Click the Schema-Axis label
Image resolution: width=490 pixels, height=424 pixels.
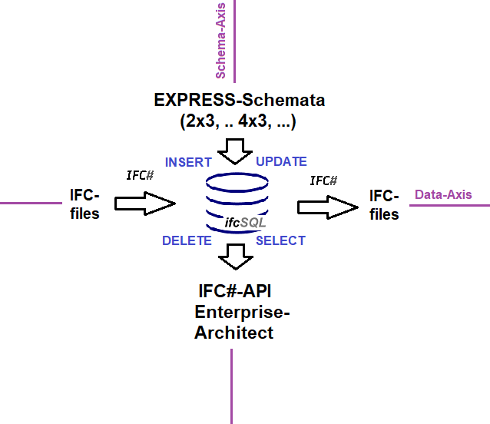pos(220,50)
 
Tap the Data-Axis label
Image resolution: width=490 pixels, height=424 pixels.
pos(443,195)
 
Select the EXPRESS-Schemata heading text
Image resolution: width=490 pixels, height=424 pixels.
pos(239,100)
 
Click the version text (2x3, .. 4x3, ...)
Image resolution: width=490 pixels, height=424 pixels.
pos(238,121)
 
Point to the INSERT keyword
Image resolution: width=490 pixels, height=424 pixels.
pos(188,162)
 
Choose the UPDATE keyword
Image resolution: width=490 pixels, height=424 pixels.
pos(281,162)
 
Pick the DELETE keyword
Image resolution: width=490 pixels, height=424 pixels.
pos(187,240)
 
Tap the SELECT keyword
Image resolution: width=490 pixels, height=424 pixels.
pos(280,240)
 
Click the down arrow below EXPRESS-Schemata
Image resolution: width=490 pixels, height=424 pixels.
pos(235,151)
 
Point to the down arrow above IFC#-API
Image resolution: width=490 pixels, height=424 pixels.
pos(235,256)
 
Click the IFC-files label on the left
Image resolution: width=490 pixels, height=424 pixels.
pos(84,204)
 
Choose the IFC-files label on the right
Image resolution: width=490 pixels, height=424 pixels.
pos(384,204)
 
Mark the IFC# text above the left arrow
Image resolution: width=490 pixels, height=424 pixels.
pos(140,175)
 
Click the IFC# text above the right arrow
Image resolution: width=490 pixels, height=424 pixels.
pos(323,181)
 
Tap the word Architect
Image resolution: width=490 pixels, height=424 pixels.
pos(233,333)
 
